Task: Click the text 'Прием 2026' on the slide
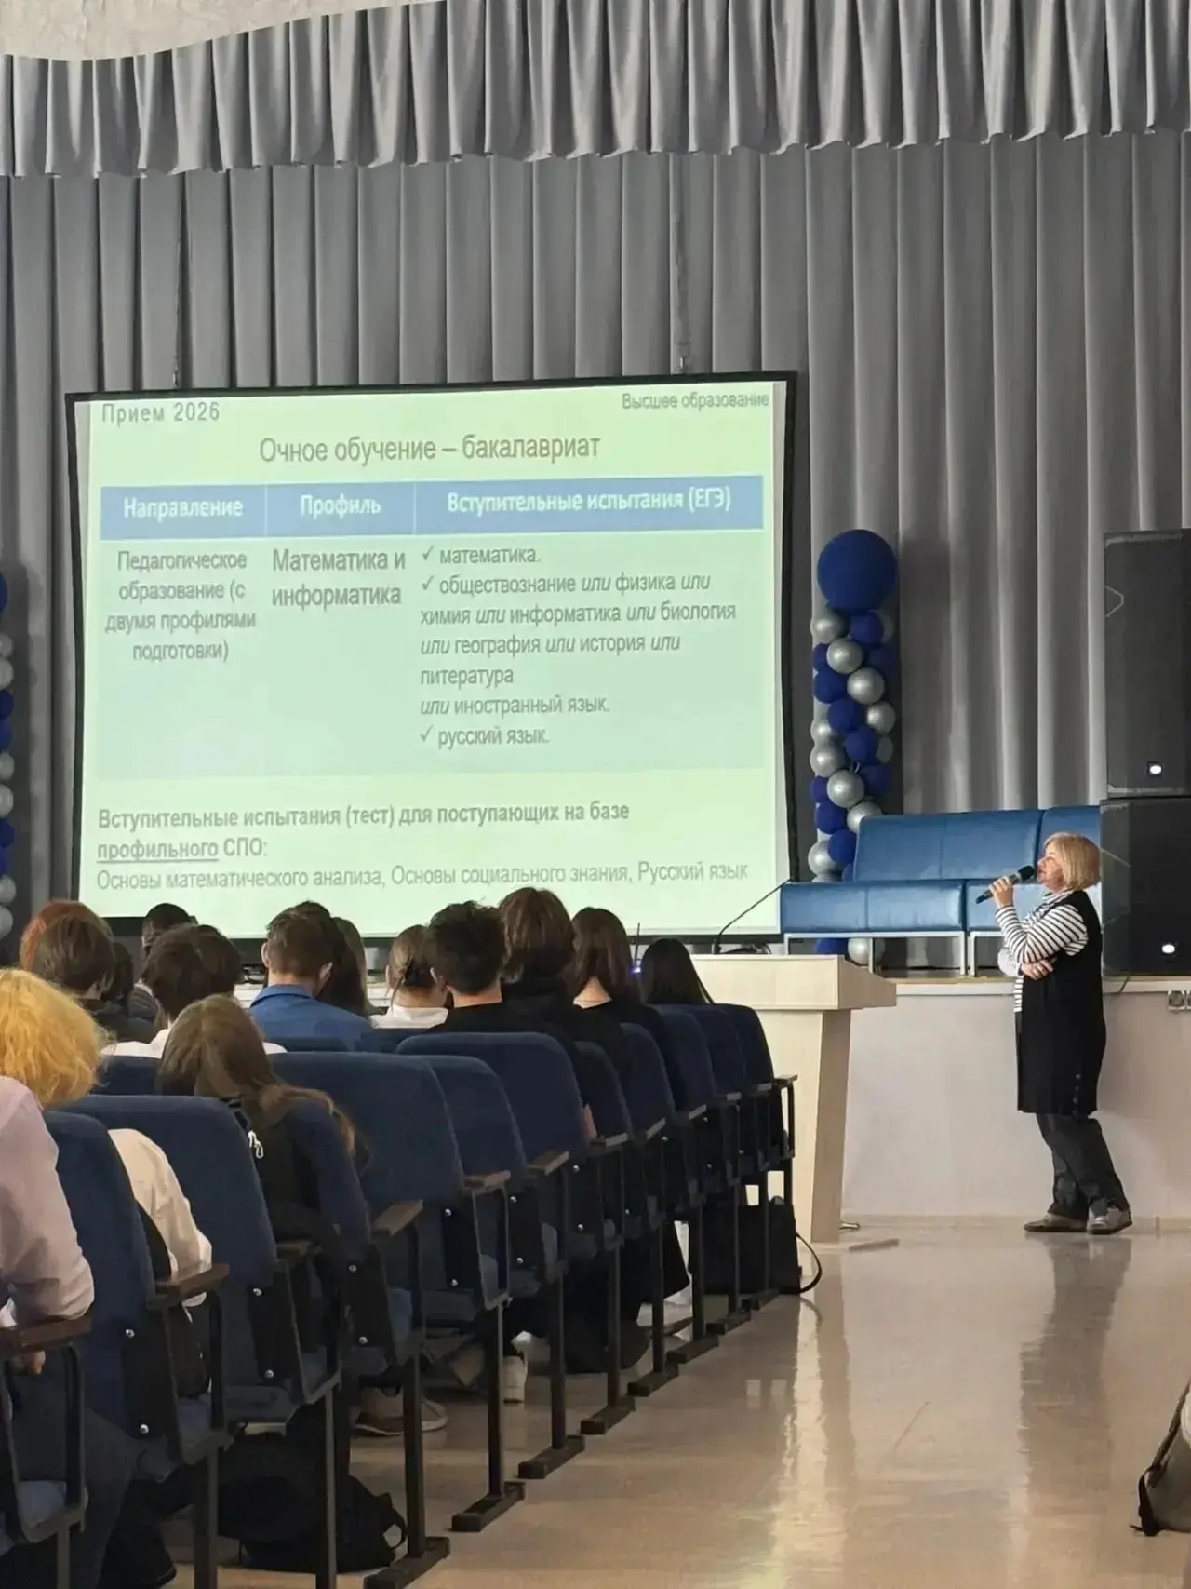click(161, 412)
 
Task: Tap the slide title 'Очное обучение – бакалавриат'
click(429, 449)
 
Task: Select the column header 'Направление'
click(182, 507)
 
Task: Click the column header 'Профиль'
click(340, 505)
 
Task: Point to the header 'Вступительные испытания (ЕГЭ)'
click(588, 501)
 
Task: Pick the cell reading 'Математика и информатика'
click(339, 577)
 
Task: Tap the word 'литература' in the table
click(466, 674)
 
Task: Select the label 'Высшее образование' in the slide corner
click(695, 400)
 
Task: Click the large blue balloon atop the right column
click(856, 570)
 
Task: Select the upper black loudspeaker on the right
click(1147, 663)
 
